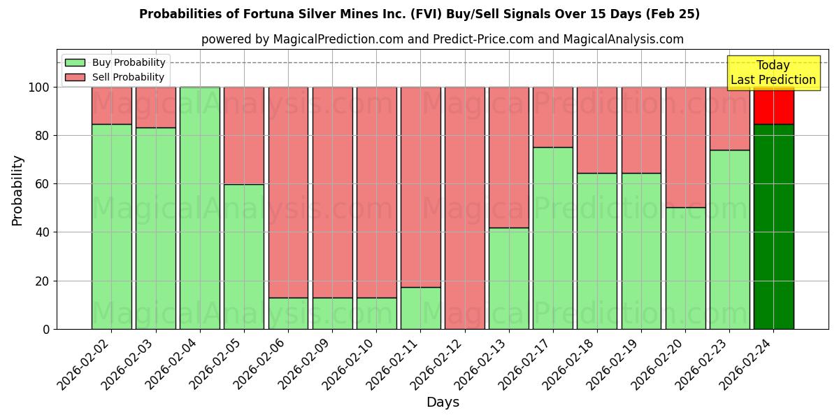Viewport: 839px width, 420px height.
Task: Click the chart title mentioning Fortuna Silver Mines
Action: pos(419,14)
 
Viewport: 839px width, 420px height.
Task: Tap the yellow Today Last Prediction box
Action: pos(773,73)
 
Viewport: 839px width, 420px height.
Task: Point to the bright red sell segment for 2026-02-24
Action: pos(773,105)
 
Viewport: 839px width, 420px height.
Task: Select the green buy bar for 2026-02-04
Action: pos(200,207)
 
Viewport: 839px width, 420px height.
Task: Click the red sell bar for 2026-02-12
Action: pos(464,207)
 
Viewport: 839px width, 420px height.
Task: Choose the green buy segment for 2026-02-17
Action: pos(552,238)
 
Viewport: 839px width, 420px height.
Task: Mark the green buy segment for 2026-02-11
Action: pos(420,308)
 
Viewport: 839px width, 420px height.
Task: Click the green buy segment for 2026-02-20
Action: pos(685,268)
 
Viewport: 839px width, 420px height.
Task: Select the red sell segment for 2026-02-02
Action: pos(112,105)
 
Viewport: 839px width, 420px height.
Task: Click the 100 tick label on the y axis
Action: pos(39,87)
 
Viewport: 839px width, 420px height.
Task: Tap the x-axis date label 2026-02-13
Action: pos(482,364)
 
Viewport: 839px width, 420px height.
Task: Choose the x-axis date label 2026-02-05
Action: pos(217,364)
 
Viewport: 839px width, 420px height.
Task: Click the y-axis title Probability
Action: pos(17,190)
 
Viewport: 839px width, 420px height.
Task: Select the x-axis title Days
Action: pos(443,402)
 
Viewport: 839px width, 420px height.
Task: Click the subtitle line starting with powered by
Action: pos(442,39)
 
